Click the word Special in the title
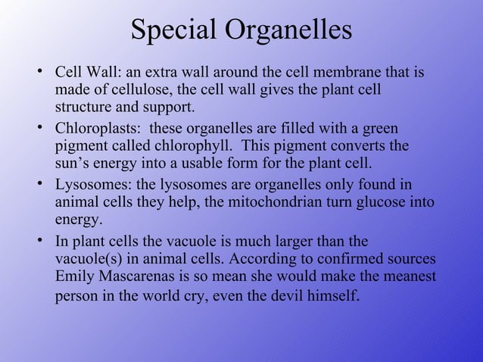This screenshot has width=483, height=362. click(x=173, y=31)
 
